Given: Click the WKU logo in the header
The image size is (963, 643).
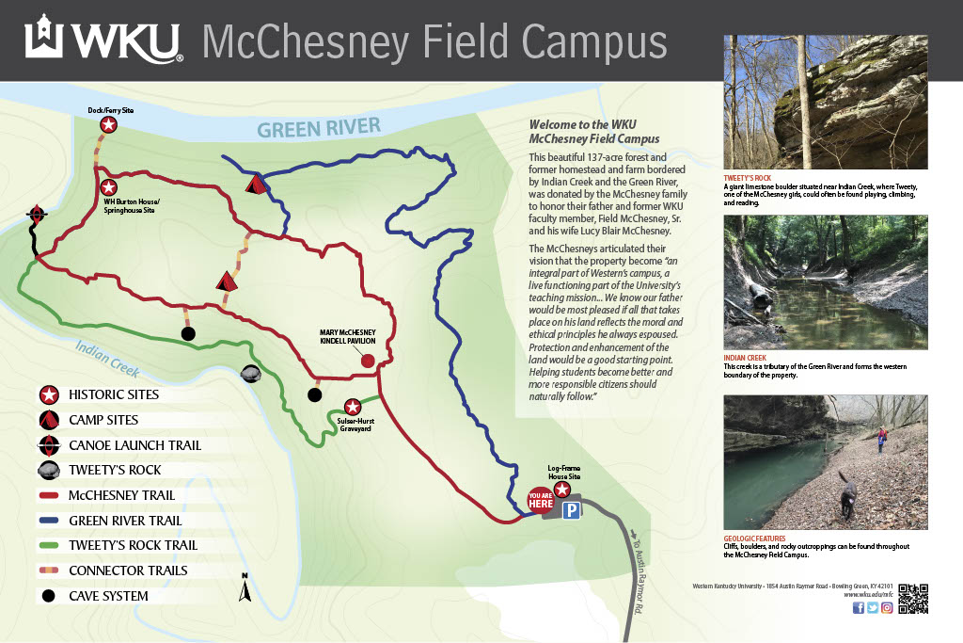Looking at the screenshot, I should (103, 39).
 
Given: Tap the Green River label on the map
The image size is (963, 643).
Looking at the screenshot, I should (319, 127).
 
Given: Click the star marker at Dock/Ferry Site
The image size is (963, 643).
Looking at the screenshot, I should (109, 125).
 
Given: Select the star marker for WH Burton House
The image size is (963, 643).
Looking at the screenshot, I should (109, 187).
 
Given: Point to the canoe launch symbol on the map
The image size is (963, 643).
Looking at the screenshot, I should (37, 215).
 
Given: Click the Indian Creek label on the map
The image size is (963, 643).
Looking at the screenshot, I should (107, 358).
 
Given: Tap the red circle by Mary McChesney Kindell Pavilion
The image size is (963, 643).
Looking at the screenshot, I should (369, 361).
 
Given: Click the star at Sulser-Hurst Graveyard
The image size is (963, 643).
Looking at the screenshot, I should (353, 406).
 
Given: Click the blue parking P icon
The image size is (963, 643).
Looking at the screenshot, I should (571, 510).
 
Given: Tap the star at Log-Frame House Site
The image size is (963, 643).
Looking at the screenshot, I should (563, 489).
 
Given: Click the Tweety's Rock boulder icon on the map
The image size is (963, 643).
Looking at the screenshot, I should (251, 374).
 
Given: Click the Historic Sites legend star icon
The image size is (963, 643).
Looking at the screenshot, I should (50, 395).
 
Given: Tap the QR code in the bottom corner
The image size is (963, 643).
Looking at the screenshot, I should (912, 599).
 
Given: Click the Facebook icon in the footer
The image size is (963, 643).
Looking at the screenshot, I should (858, 608).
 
